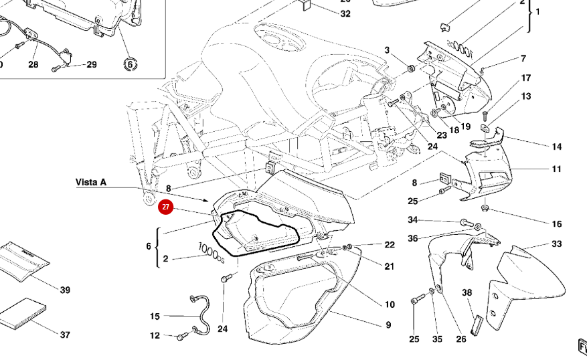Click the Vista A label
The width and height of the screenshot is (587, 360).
point(90,182)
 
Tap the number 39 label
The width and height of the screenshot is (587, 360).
point(65,290)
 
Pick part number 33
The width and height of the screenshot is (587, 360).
point(557,244)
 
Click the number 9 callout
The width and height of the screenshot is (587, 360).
point(388,325)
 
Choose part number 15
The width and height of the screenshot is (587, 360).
point(155,316)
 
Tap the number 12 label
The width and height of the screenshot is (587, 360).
point(155,336)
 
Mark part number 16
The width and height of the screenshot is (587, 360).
point(557,223)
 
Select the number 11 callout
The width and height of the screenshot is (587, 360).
point(557,169)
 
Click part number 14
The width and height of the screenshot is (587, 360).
point(557,147)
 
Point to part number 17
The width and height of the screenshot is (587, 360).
point(526,78)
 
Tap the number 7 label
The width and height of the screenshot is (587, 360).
point(523,59)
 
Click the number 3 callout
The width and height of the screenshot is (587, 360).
point(387,50)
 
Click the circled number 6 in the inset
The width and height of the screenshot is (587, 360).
point(130,64)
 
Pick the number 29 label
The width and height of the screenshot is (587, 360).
point(92,64)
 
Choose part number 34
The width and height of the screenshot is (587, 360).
point(413,220)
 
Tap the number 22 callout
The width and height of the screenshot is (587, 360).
point(390,245)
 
